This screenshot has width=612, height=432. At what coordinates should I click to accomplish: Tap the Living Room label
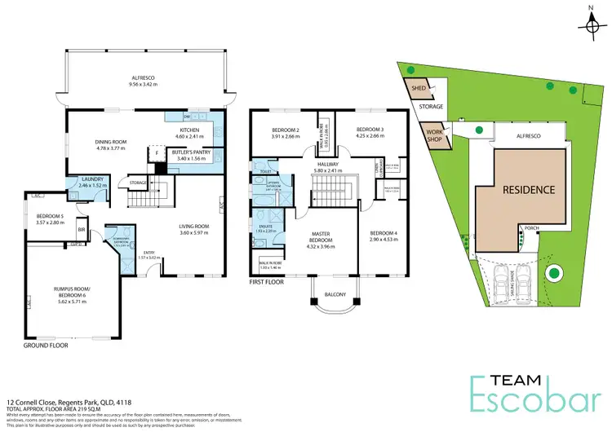pyautogui.click(x=195, y=229)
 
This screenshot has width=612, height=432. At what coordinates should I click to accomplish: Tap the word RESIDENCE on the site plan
pyautogui.click(x=528, y=189)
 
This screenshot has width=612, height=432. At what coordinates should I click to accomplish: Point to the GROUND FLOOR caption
pyautogui.click(x=46, y=345)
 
